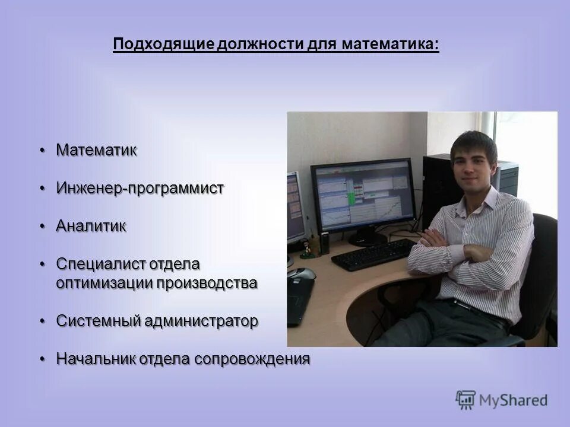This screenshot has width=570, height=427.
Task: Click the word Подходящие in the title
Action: (x=164, y=44)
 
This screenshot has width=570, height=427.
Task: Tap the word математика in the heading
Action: (x=390, y=43)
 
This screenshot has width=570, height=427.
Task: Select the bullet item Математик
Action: (x=97, y=150)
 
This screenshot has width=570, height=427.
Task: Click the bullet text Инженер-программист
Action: (x=140, y=189)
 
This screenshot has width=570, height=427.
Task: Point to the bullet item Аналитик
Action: (x=91, y=226)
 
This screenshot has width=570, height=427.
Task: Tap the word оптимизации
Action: (x=104, y=283)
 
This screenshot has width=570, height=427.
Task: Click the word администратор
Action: (x=201, y=321)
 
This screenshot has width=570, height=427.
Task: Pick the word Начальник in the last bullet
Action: (x=96, y=359)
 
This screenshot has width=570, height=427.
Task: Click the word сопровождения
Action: (x=252, y=359)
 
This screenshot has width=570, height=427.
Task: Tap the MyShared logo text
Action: (x=513, y=401)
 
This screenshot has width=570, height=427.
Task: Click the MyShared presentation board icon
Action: (x=465, y=400)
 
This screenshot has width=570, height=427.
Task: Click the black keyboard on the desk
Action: (x=373, y=254)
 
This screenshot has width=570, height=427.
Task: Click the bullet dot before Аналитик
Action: (x=43, y=227)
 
